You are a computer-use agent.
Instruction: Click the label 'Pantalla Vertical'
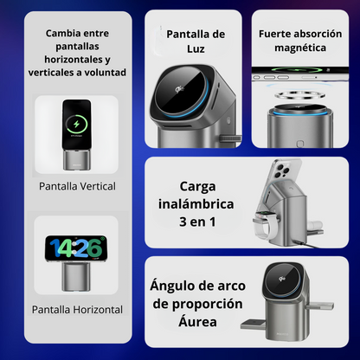(x=77, y=186)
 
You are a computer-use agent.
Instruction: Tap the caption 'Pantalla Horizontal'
(x=77, y=310)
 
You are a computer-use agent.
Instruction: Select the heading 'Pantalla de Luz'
(x=196, y=42)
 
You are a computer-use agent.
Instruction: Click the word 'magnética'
(x=300, y=48)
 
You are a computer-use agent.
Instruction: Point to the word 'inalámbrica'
(x=196, y=204)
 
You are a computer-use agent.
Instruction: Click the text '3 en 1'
(x=197, y=222)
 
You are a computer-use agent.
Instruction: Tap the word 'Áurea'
(x=197, y=321)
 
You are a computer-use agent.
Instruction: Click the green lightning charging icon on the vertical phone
(x=76, y=125)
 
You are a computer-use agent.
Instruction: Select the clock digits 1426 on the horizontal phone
(x=75, y=248)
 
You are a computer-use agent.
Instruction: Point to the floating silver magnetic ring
(x=300, y=94)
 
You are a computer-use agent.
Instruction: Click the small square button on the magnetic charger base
(x=300, y=144)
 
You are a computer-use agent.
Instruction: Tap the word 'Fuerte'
(x=273, y=34)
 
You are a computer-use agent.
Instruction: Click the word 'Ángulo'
(x=167, y=286)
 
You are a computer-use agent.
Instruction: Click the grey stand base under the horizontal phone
(x=75, y=276)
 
